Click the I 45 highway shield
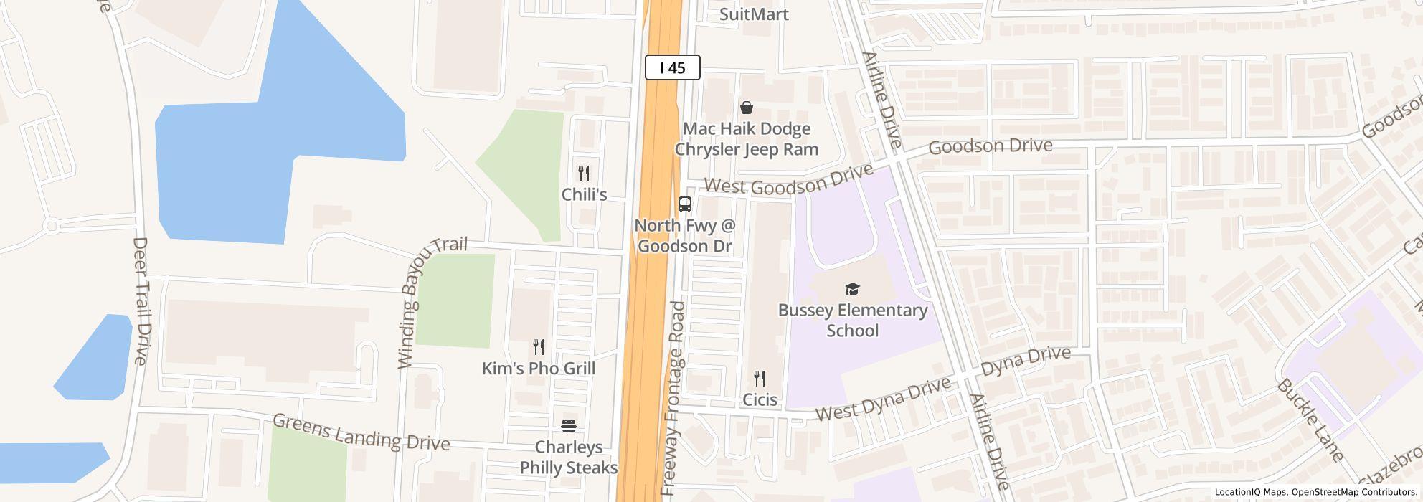coord(672,67)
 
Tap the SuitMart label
coord(753,14)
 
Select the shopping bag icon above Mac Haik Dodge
coord(747,108)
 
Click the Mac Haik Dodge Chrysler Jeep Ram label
coord(746,139)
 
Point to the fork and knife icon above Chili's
coord(584,174)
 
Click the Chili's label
coord(584,194)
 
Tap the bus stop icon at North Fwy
coord(685,204)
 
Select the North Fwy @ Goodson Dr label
coord(685,236)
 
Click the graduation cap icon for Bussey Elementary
coord(852,289)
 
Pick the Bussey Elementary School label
coord(853,320)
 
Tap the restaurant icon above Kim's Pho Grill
coord(539,348)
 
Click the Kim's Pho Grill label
coord(539,369)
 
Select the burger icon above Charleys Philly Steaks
coord(569,426)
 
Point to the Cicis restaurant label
coord(760,399)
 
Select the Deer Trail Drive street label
coord(141,301)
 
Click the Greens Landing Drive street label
coord(361,432)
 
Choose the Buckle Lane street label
coord(1309,420)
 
